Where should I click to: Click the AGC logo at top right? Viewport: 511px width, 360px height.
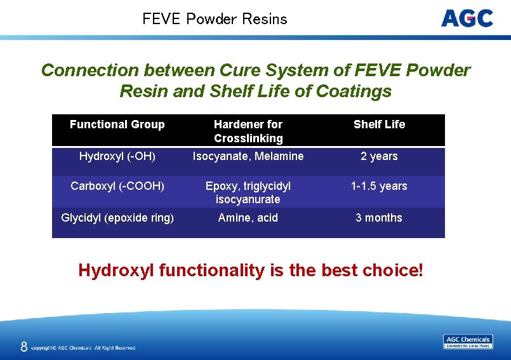[467, 18]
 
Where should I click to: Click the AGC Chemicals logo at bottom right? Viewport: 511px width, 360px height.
[468, 342]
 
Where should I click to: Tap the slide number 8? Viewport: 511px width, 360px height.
[23, 347]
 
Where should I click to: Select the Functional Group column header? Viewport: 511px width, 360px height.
[117, 124]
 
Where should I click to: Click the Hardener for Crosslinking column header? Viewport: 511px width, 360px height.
[248, 131]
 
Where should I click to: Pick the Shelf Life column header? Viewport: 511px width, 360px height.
[379, 124]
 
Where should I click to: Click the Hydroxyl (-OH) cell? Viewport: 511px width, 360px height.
[117, 156]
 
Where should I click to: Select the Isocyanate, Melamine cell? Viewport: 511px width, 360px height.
[248, 156]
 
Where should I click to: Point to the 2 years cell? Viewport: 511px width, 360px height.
[379, 156]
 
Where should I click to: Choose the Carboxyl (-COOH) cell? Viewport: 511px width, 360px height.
[117, 186]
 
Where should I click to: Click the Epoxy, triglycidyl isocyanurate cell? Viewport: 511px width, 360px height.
[248, 192]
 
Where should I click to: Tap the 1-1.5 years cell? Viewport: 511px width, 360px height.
[379, 186]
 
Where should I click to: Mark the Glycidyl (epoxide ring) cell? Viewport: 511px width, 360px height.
[117, 218]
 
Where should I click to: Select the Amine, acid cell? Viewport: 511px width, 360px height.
[248, 218]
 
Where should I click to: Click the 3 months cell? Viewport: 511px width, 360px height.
[379, 218]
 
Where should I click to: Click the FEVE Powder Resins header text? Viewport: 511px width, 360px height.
[215, 19]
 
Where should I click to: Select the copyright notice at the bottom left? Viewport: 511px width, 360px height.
[83, 348]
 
